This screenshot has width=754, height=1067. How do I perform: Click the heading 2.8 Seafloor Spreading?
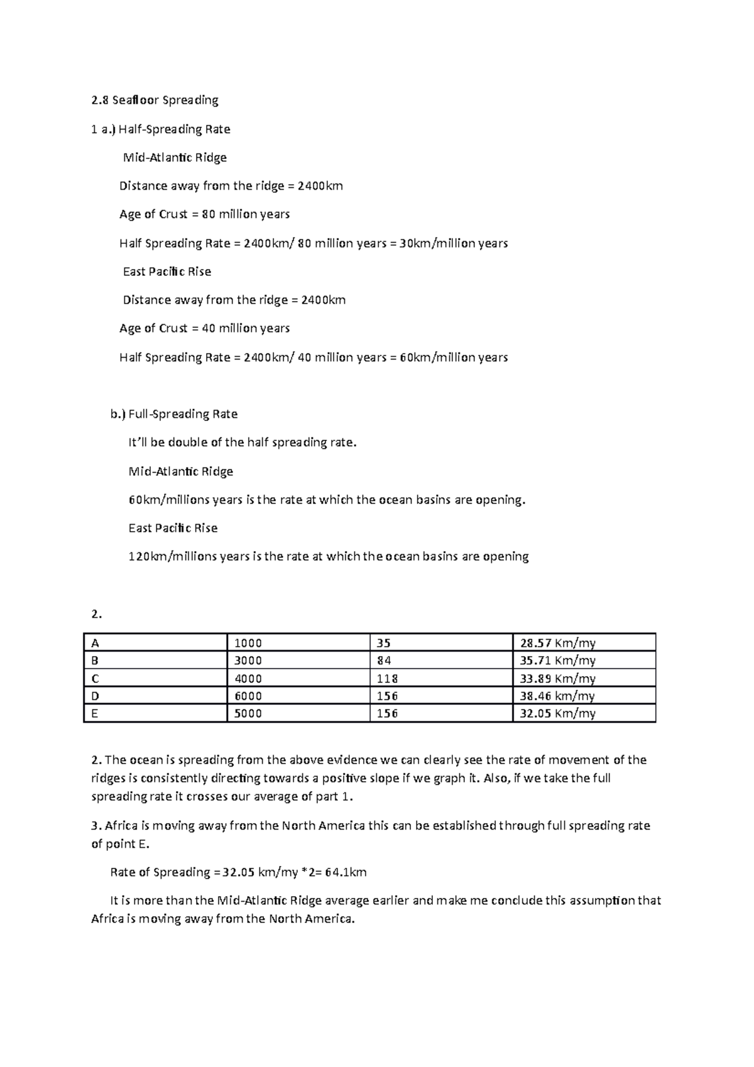click(155, 100)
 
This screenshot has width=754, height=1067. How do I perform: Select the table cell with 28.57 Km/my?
click(557, 643)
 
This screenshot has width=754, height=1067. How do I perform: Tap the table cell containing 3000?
click(248, 660)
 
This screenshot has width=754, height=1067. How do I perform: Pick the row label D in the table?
click(96, 696)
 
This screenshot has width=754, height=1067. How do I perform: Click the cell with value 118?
click(387, 679)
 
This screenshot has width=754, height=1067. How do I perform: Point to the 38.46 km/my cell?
click(557, 696)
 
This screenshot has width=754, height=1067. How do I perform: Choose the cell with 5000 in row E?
click(248, 713)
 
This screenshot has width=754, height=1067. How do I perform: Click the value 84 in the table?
click(384, 660)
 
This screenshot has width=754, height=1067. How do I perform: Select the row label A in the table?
click(96, 643)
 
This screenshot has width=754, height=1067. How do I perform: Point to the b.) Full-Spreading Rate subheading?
click(174, 414)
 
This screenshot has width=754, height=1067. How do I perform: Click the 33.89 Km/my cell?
click(557, 679)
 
